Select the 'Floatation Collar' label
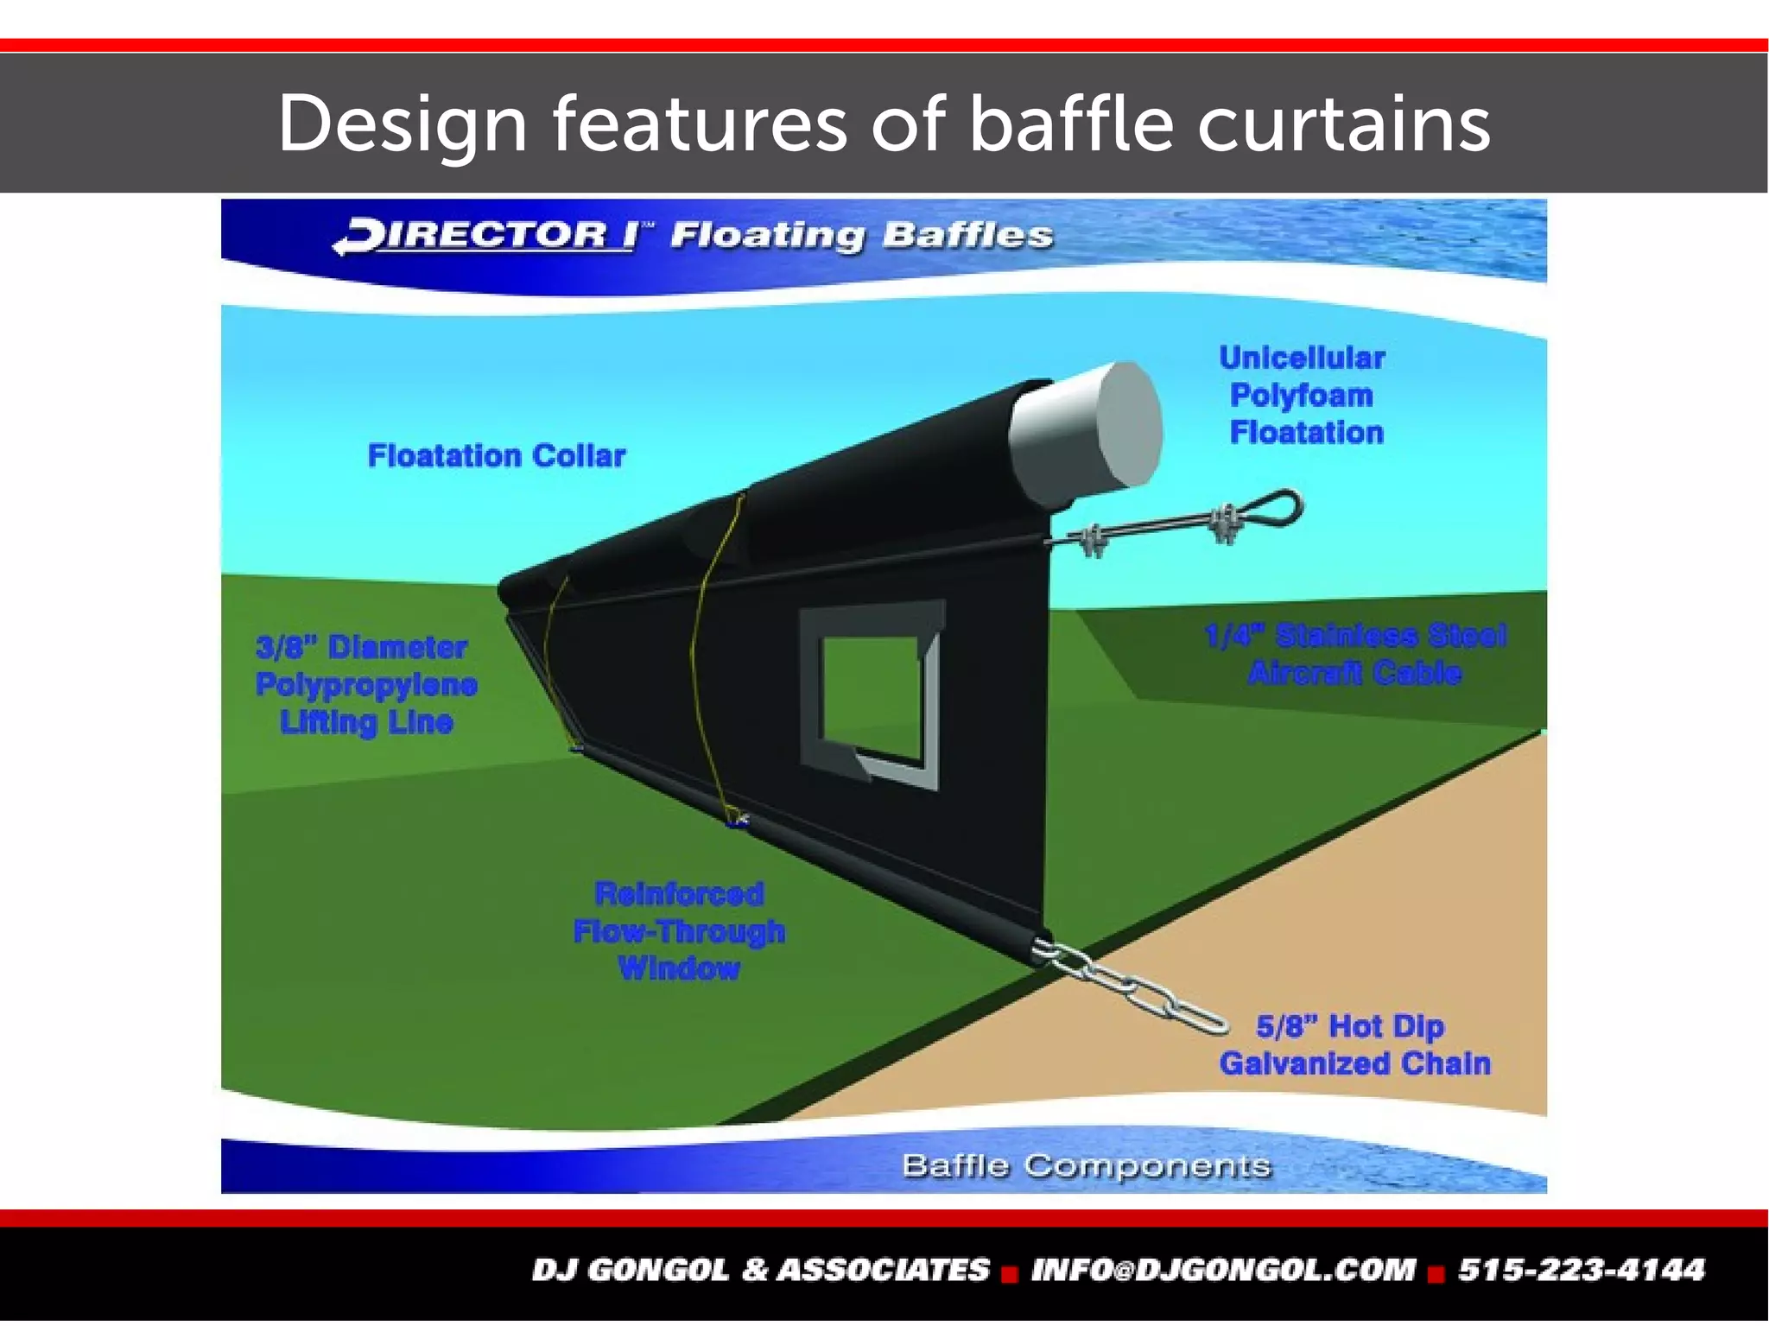(496, 455)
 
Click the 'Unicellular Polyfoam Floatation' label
(1304, 395)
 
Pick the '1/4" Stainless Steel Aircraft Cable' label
(1355, 654)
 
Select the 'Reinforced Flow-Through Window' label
(679, 930)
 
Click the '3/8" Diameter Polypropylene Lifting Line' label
(366, 683)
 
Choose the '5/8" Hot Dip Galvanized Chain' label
(1354, 1044)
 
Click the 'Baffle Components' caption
(1086, 1165)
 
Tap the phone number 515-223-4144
(1582, 1270)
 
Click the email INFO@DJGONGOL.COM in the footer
(1223, 1270)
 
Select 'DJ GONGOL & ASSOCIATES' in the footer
(761, 1270)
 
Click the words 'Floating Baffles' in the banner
(861, 235)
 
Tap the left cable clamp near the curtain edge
(1090, 541)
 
